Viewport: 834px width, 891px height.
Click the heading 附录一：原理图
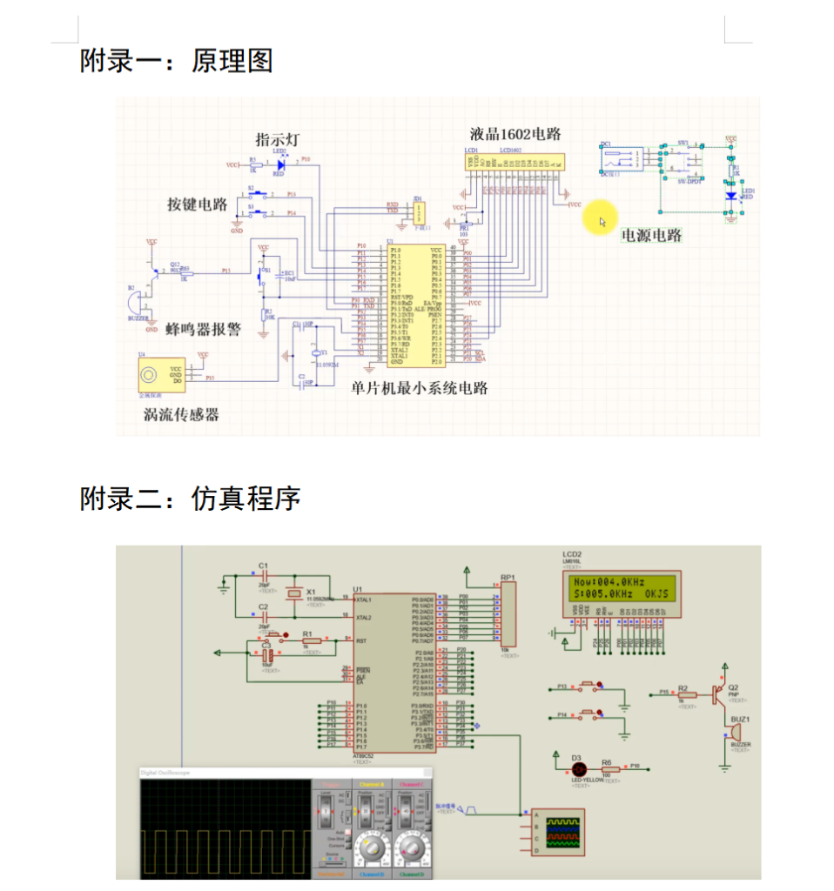coord(177,61)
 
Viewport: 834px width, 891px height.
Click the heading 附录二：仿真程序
coord(191,499)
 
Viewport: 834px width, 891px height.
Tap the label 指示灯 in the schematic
coord(278,140)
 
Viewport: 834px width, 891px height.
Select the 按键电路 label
coord(198,204)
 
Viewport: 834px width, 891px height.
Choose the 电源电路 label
coord(650,236)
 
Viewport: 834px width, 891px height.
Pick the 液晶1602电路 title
coord(515,134)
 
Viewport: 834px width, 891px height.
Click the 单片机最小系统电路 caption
coord(420,388)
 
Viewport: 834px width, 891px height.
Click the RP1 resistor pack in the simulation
coord(508,614)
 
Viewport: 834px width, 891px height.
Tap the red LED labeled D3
coord(577,769)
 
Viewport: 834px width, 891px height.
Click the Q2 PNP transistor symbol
coord(717,693)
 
